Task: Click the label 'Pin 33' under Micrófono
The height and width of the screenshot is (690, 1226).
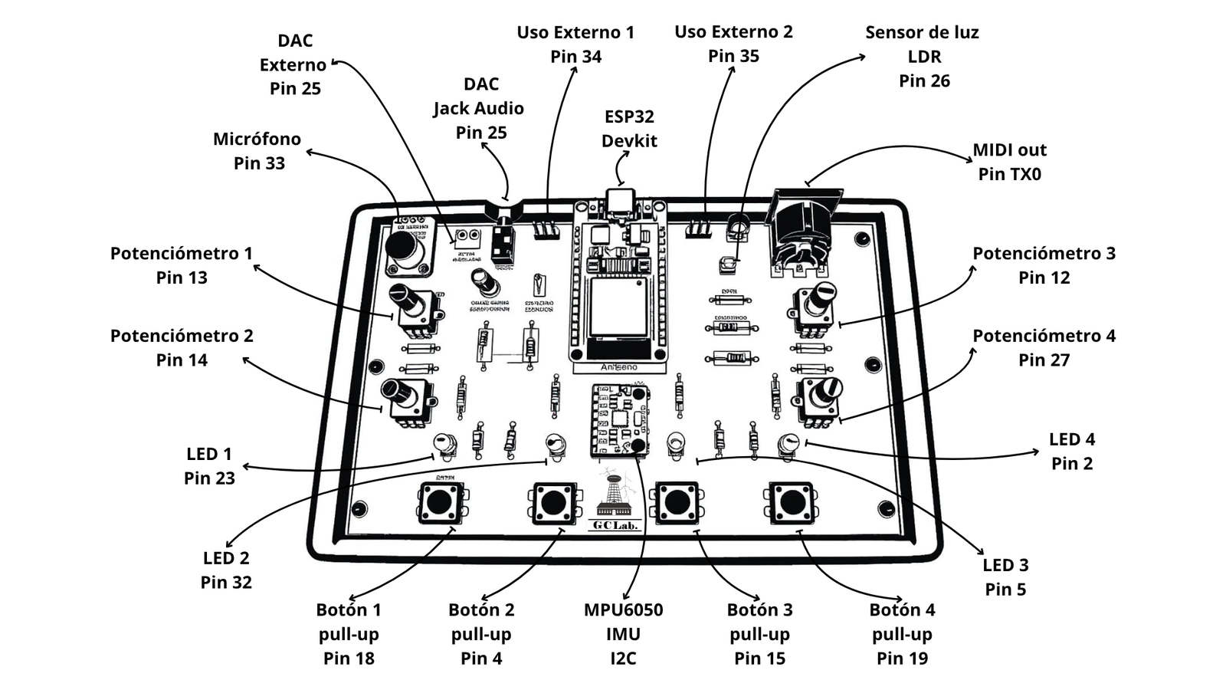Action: pos(259,163)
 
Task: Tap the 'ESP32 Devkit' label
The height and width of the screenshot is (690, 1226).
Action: pos(629,129)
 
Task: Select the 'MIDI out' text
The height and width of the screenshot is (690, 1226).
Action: pos(1009,150)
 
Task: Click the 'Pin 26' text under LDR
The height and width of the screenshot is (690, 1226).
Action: pos(924,81)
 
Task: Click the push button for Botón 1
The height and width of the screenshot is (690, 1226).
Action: pos(440,502)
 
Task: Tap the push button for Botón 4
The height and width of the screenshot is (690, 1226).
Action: pos(792,503)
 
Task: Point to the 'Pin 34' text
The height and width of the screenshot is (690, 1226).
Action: pos(575,57)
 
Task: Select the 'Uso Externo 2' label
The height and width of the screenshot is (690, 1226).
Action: pos(733,32)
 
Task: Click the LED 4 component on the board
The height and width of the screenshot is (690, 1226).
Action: pos(788,444)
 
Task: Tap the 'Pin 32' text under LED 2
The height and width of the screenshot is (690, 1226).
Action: pos(226,583)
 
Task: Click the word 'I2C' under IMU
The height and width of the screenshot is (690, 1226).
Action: pos(623,659)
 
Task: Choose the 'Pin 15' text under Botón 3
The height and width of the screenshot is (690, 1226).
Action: pos(759,659)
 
